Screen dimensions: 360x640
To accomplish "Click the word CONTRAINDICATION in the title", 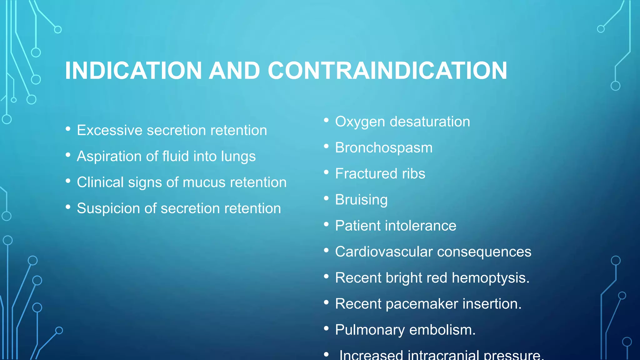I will click(387, 71).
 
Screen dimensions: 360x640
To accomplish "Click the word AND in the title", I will click(234, 71).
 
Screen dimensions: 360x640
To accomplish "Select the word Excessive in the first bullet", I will click(110, 130).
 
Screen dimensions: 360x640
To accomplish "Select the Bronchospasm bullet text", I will click(384, 148).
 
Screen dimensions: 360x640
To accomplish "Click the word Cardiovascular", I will click(384, 252).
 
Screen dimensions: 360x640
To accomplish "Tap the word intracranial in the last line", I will click(443, 355).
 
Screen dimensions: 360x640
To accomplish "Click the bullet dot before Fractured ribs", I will click(326, 172).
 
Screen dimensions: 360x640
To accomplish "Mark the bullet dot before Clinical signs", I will click(68, 181).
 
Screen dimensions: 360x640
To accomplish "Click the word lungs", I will click(238, 157).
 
